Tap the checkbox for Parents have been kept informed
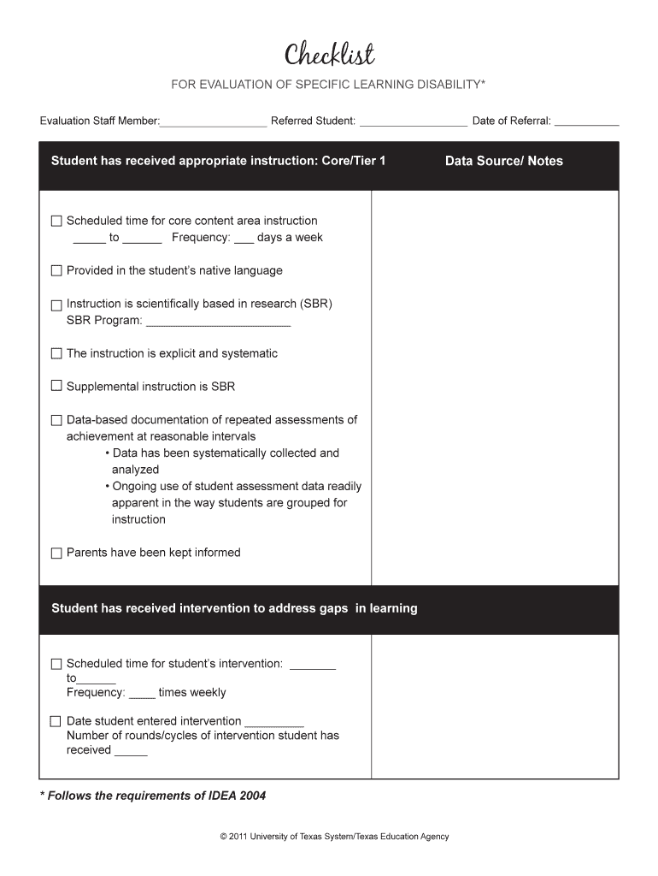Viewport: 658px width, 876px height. (x=56, y=553)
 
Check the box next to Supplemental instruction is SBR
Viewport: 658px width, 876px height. (x=56, y=387)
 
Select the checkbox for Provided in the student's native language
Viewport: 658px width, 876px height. (x=56, y=271)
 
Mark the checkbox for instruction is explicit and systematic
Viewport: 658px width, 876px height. (x=56, y=353)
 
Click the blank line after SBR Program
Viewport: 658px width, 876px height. (x=218, y=323)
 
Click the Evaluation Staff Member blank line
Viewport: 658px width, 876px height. (x=213, y=122)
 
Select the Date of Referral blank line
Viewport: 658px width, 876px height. (x=586, y=122)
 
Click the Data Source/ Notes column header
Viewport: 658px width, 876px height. (x=503, y=161)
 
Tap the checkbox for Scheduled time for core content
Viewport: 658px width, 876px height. (x=56, y=222)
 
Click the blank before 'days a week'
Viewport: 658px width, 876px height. (x=244, y=240)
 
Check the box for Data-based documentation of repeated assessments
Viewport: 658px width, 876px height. (x=56, y=420)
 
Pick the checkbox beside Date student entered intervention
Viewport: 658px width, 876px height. (x=56, y=721)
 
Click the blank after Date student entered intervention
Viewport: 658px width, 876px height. (x=274, y=723)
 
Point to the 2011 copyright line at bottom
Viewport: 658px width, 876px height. (x=334, y=837)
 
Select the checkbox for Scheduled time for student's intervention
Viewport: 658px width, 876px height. (x=56, y=664)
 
